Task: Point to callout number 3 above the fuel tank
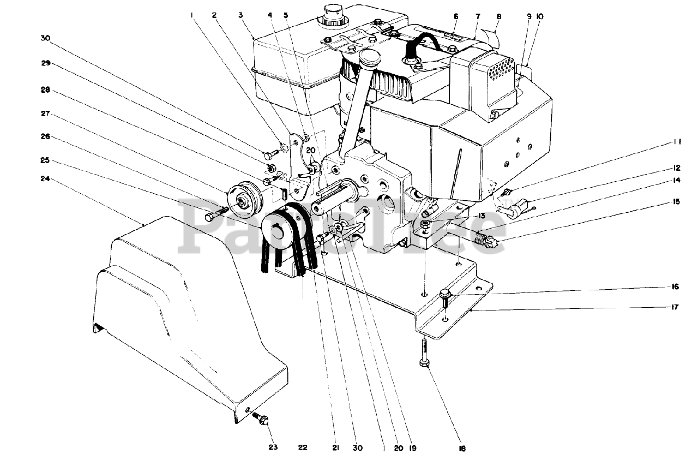coord(241,15)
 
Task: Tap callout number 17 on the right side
coord(675,307)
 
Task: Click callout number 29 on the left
coord(46,63)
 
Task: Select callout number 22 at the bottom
coord(303,447)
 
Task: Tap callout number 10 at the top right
coord(540,16)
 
